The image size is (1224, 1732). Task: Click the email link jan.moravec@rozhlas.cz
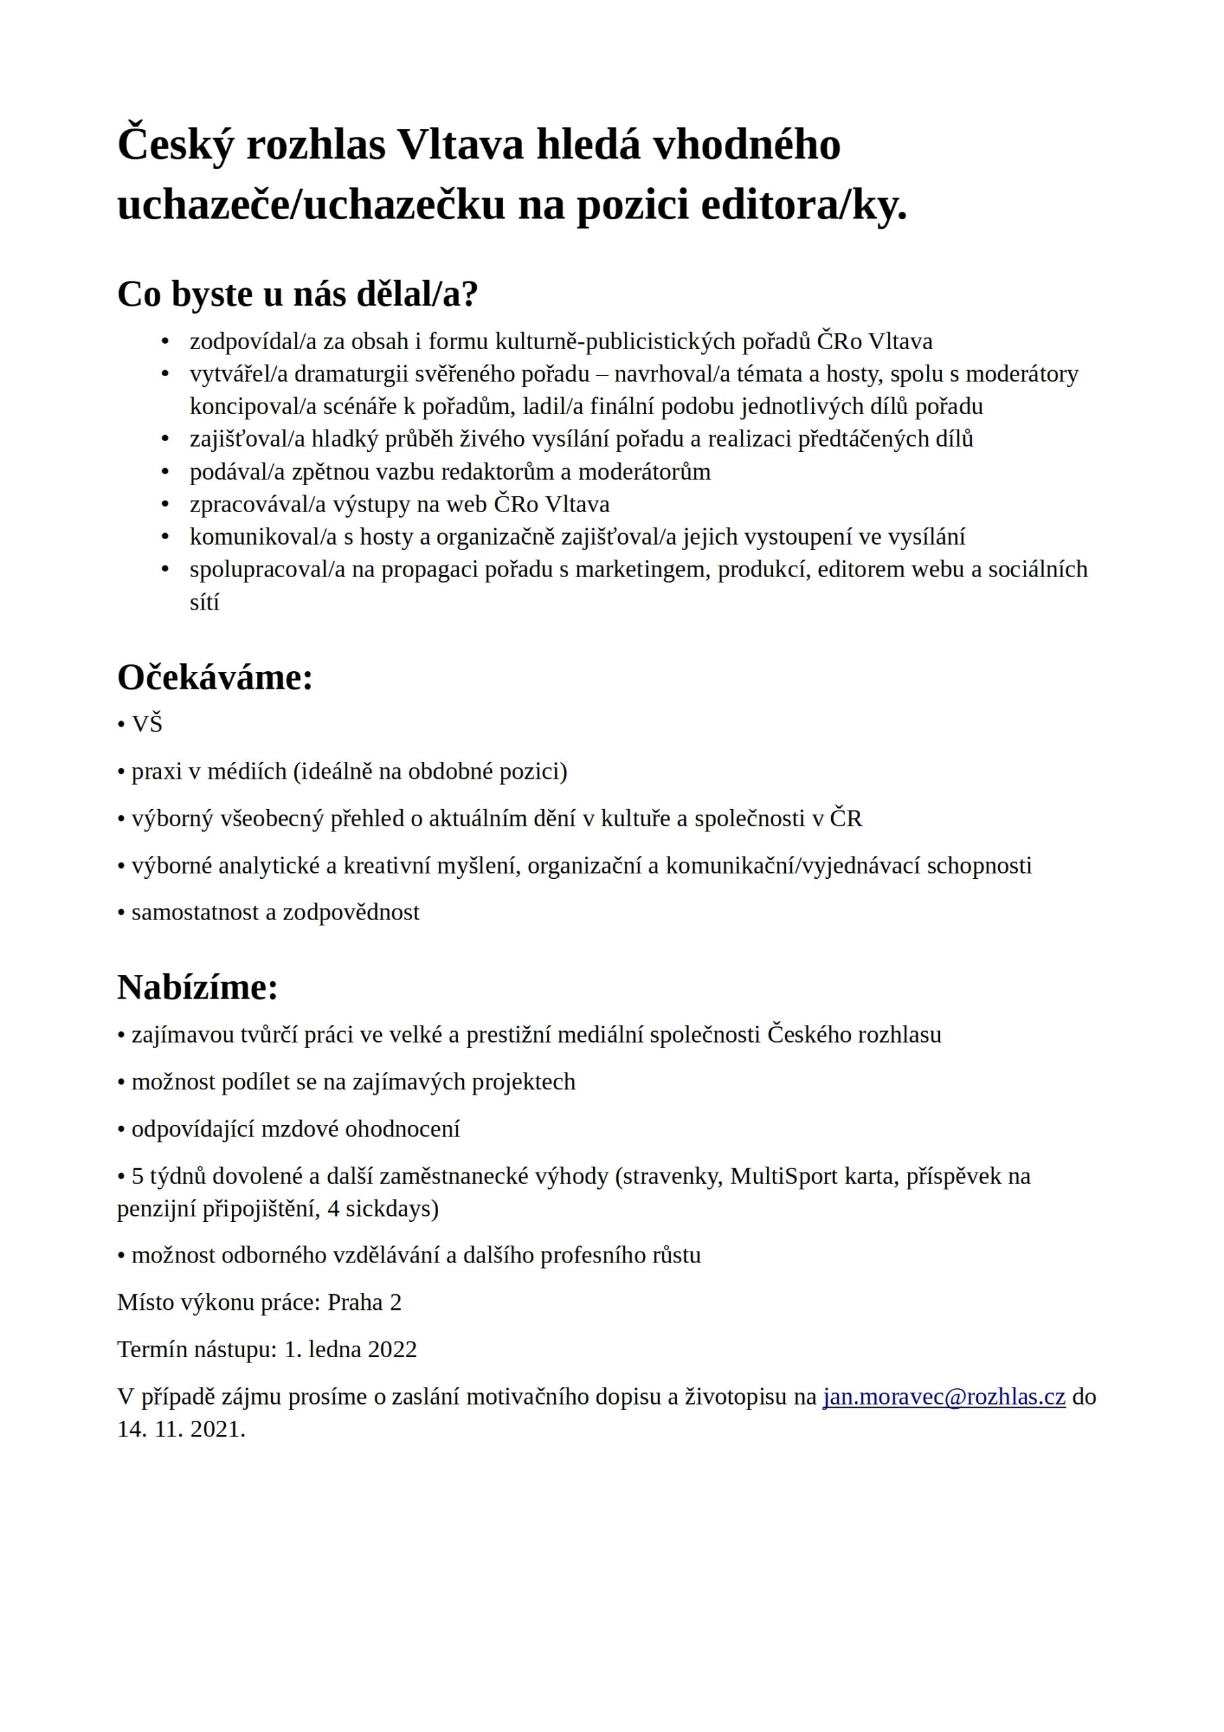click(x=943, y=1397)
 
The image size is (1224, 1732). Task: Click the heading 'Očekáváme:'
click(x=215, y=677)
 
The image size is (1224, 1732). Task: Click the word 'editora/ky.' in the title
click(x=804, y=205)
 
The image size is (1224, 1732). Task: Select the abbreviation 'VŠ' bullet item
click(x=147, y=724)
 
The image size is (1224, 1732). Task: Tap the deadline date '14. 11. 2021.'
click(x=181, y=1430)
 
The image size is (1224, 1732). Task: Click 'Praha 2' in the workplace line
click(x=364, y=1303)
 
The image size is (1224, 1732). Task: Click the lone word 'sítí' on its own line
click(x=204, y=602)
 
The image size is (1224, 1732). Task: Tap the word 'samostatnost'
click(x=197, y=912)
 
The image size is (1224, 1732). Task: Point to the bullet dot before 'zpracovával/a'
click(x=165, y=504)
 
